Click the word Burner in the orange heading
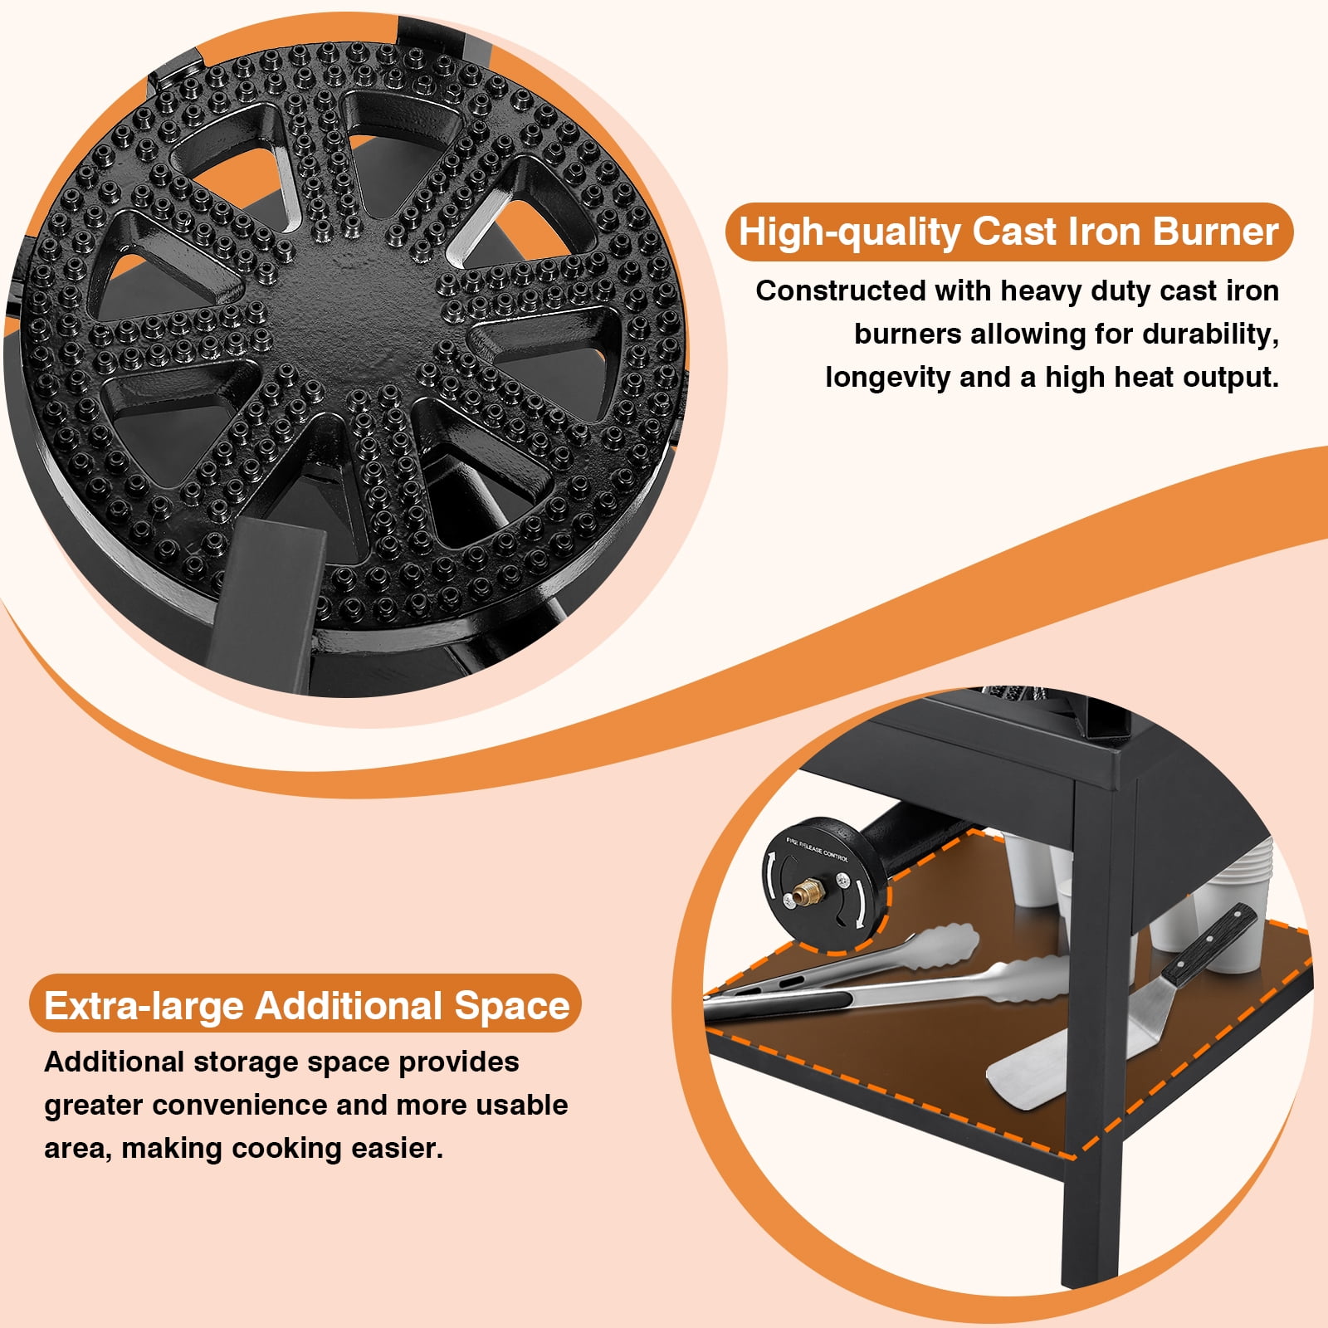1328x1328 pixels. (1215, 232)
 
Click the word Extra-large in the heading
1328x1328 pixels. (144, 1007)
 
